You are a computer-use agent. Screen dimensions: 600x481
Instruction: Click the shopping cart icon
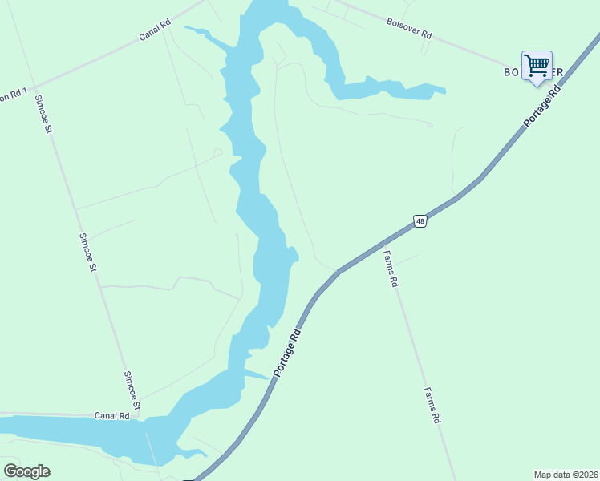[x=537, y=64]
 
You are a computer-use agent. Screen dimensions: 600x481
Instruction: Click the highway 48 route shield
[x=420, y=220]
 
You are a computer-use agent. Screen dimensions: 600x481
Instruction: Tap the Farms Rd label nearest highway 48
[x=391, y=269]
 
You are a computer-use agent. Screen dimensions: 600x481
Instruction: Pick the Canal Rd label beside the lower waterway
[x=112, y=415]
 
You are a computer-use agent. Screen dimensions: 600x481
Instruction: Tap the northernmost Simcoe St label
[x=43, y=114]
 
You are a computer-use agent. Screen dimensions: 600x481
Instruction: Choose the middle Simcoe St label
[x=88, y=252]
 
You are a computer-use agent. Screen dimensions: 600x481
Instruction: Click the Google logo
[x=26, y=471]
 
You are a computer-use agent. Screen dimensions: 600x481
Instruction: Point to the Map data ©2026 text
[x=565, y=475]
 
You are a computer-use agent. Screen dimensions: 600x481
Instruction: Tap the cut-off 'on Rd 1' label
[x=15, y=95]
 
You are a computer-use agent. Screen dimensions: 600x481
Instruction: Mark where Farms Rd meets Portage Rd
[x=382, y=243]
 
